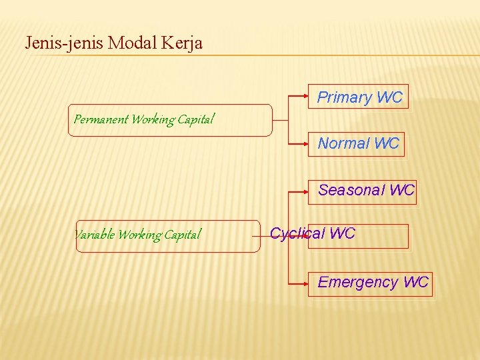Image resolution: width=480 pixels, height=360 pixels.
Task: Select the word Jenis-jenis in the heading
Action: pos(64,43)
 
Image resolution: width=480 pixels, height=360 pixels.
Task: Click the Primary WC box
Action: pos(359,97)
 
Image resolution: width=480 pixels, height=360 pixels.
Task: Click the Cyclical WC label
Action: pos(313,234)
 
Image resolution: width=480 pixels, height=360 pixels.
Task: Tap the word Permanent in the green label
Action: pos(101,120)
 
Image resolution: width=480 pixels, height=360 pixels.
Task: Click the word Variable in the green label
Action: pos(94,235)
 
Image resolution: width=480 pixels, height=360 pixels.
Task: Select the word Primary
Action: pos(344,97)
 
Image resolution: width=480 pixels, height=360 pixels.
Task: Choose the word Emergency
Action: pos(357,283)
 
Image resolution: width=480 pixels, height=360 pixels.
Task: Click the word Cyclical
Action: pos(297,234)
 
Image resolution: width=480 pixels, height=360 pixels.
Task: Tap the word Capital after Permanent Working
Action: pos(196,120)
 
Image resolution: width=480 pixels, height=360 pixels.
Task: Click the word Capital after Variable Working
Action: pos(181,235)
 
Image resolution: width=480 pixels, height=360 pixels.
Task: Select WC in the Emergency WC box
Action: pos(416,283)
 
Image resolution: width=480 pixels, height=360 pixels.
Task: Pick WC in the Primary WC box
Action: pos(389,97)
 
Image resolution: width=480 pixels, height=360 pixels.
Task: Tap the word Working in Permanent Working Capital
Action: pos(153,120)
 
